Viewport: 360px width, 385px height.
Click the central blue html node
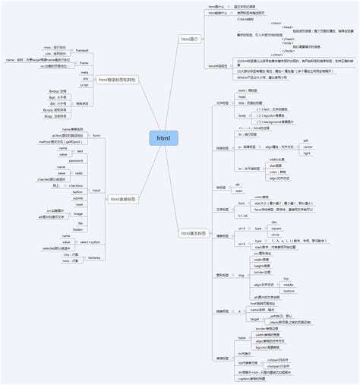click(163, 138)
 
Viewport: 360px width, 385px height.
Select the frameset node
click(83, 49)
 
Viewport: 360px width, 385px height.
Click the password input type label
click(77, 160)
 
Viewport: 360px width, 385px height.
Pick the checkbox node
click(77, 185)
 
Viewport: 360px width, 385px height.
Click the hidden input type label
click(77, 229)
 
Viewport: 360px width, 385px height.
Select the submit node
click(77, 197)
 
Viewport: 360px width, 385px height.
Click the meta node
click(85, 71)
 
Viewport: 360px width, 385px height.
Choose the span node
click(238, 191)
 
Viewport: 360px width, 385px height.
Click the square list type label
click(276, 228)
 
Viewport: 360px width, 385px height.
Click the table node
click(242, 337)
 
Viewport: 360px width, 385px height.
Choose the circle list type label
click(275, 234)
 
